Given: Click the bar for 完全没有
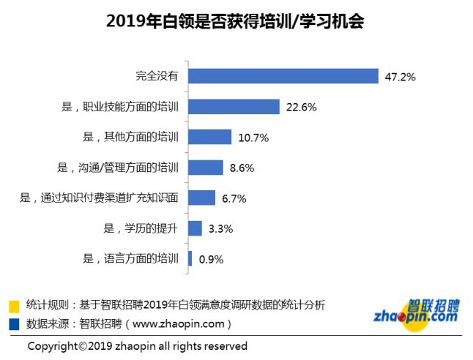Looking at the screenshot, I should (x=283, y=76).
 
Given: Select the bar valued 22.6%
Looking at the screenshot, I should (x=234, y=107).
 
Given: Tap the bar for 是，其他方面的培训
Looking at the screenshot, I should (x=210, y=137).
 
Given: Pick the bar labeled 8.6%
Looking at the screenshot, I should (x=206, y=168).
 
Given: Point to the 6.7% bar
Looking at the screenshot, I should (x=202, y=198).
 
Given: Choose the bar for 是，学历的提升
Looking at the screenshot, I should (x=195, y=228).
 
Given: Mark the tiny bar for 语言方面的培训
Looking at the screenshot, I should (x=190, y=258).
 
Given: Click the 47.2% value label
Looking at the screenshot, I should (x=401, y=76).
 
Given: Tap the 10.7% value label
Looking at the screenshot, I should (x=253, y=137).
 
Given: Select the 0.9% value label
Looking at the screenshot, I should (x=211, y=259).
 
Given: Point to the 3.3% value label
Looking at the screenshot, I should (x=220, y=228).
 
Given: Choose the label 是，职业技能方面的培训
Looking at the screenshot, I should (x=121, y=107).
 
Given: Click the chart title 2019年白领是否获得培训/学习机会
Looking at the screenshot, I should (x=236, y=21).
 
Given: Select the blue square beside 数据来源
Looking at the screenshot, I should (x=13, y=322).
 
